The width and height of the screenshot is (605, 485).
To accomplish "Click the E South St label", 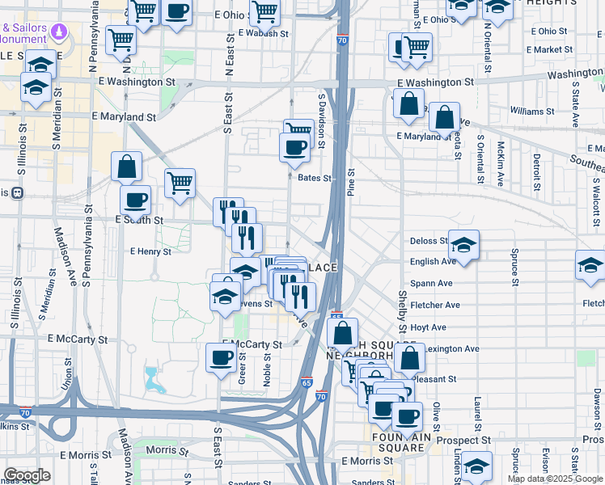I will coord(140,220).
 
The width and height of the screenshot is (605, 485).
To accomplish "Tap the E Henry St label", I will coord(151,251).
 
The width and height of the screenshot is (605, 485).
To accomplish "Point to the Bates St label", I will coord(315,178).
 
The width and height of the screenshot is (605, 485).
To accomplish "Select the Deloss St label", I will coord(429,241).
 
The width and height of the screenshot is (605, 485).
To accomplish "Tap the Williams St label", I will coord(531,111).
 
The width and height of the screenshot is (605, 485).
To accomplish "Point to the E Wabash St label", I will coord(264,33).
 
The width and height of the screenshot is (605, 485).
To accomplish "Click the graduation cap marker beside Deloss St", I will coord(464,243).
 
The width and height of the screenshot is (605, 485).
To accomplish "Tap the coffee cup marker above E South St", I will coord(135,199).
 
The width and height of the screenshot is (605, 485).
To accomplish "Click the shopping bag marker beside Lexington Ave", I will coord(410,356).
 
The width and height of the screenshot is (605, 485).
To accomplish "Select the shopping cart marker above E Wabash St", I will coord(264,11).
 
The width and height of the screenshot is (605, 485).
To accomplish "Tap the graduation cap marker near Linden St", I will coord(477,466).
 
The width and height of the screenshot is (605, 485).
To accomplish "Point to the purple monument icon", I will coord(58,32).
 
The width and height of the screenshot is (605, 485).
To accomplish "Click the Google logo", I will coord(27,474).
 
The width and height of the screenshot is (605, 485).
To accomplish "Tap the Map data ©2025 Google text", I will coord(554,479).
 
